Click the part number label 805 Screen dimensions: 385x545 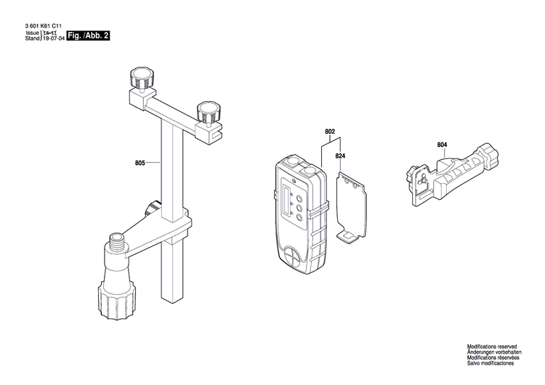[140, 163]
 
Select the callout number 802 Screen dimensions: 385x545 [330, 131]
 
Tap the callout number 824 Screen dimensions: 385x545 [340, 156]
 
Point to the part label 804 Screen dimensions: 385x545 [443, 145]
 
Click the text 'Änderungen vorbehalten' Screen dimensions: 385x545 [495, 356]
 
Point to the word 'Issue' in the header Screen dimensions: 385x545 [32, 34]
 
